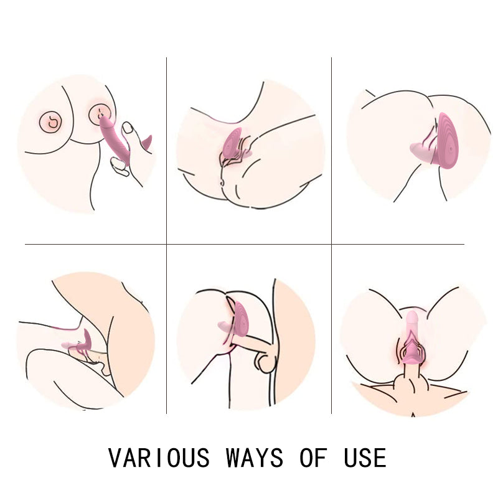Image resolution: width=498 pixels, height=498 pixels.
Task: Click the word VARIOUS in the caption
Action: pyautogui.click(x=159, y=458)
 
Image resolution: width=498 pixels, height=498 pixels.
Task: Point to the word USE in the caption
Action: pyautogui.click(x=365, y=458)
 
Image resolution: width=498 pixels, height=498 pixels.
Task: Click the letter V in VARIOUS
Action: pyautogui.click(x=116, y=458)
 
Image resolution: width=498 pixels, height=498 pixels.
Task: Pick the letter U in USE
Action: pyautogui.click(x=350, y=458)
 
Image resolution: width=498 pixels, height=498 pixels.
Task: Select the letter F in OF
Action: pyautogui.click(x=322, y=458)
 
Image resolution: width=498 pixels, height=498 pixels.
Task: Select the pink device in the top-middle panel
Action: pyautogui.click(x=233, y=143)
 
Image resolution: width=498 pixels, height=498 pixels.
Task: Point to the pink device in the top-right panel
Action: pyautogui.click(x=443, y=142)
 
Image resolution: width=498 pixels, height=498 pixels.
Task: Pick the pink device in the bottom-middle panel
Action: pyautogui.click(x=240, y=321)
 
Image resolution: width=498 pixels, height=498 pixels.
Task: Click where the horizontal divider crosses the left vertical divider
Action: pyautogui.click(x=166, y=244)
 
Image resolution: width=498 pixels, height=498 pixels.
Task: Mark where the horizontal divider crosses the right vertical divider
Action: pyautogui.click(x=331, y=244)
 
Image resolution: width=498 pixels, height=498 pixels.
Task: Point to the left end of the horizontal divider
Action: pyautogui.click(x=26, y=244)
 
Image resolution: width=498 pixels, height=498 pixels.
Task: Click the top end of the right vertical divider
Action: pyautogui.click(x=331, y=58)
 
